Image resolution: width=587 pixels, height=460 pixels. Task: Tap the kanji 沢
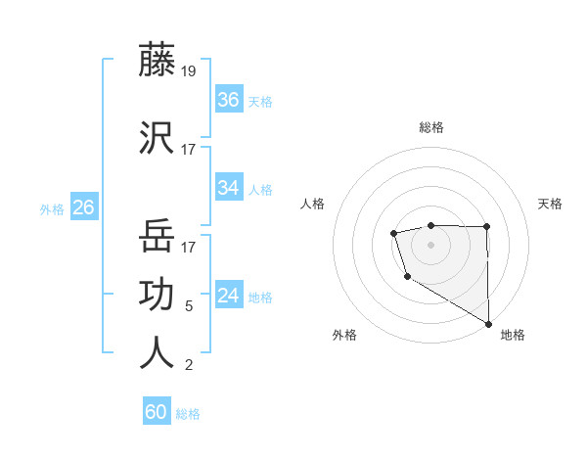(x=157, y=137)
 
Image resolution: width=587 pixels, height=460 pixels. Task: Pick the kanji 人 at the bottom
(x=157, y=352)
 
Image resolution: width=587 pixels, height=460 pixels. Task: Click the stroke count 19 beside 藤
(x=189, y=71)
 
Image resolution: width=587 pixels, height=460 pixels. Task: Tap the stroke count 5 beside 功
(x=189, y=306)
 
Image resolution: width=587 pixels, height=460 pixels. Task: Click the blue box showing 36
(x=229, y=99)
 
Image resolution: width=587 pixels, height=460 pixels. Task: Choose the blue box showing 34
(x=229, y=187)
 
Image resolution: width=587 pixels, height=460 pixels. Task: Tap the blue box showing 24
(x=229, y=295)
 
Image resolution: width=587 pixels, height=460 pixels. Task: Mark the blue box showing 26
(x=83, y=207)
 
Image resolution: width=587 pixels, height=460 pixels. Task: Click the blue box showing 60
(x=157, y=412)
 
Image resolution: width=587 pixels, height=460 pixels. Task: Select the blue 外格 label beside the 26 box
(x=51, y=208)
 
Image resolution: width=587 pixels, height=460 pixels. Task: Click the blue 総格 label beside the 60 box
(x=188, y=414)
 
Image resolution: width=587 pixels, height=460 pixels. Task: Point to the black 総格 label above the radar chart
(x=431, y=127)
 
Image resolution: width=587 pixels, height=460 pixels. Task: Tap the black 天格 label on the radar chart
(x=551, y=204)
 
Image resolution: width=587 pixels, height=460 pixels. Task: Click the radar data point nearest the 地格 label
(x=488, y=324)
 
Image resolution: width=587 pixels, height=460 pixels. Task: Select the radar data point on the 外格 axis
(x=406, y=277)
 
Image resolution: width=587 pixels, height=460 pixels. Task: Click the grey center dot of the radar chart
(x=430, y=243)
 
